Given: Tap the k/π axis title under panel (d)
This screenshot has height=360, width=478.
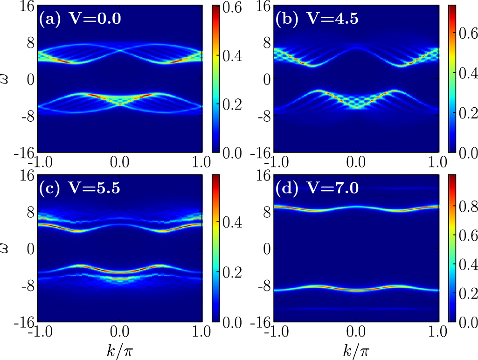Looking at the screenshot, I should click(357, 349).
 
